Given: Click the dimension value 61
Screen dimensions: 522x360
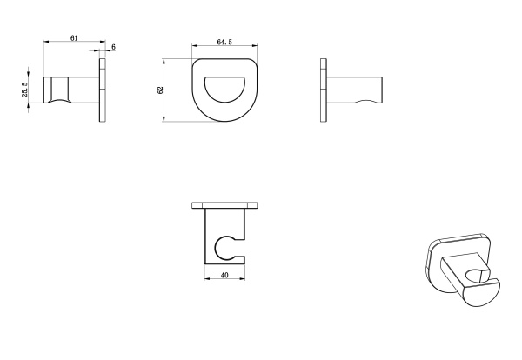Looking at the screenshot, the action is [x=74, y=38].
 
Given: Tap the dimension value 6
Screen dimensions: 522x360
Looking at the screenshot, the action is [x=113, y=47].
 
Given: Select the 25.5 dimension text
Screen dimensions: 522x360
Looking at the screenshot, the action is [x=25, y=90].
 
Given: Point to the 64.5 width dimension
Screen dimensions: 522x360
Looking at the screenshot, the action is [x=224, y=42].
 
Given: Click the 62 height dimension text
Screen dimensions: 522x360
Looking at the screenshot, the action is [x=161, y=90].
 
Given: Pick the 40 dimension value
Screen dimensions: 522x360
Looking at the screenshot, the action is [x=224, y=275].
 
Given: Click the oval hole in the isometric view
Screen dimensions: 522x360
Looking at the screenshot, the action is [x=475, y=276].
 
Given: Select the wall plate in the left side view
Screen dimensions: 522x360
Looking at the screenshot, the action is [x=103, y=90].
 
